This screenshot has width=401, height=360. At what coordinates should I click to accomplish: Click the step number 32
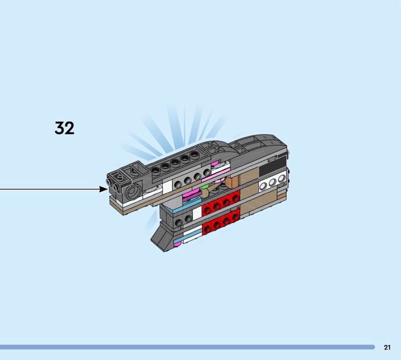64,128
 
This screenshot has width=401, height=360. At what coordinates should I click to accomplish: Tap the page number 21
387,347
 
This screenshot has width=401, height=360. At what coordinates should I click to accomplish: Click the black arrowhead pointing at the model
104,189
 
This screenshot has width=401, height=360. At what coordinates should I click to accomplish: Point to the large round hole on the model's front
133,191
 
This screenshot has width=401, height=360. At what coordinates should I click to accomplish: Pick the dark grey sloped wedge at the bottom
161,237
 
